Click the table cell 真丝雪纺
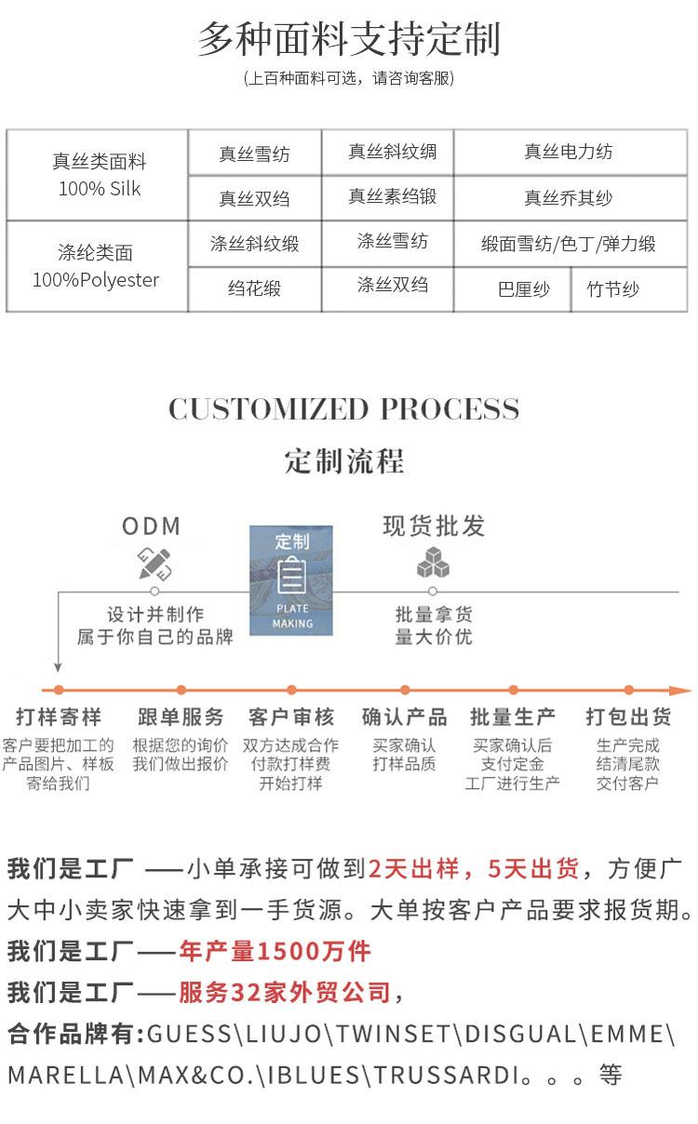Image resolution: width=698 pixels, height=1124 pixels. [x=254, y=154]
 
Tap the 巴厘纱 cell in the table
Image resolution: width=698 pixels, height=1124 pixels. [x=523, y=289]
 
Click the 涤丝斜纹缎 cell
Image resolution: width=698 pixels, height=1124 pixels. [x=254, y=244]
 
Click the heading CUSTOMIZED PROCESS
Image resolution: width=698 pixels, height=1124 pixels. [x=344, y=409]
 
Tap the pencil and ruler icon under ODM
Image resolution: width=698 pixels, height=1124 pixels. [x=154, y=563]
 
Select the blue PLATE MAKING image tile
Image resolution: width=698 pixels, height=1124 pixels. [x=290, y=581]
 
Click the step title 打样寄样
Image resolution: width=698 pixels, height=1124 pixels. [x=58, y=717]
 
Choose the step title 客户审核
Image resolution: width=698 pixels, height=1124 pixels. [x=291, y=717]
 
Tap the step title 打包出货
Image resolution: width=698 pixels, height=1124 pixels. [x=628, y=717]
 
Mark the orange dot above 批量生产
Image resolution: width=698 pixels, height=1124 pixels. [x=513, y=689]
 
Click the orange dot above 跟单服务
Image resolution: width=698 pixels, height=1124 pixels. [x=181, y=689]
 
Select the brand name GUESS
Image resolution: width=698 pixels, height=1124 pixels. [x=190, y=1034]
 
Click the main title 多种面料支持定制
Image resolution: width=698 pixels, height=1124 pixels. [x=349, y=39]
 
